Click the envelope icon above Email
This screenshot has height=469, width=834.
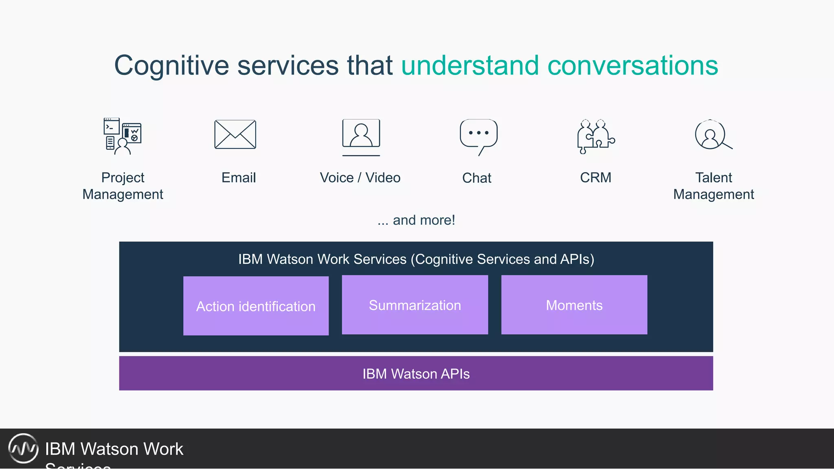(235, 134)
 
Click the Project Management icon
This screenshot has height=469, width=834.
(122, 136)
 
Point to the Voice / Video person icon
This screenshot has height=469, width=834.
(361, 134)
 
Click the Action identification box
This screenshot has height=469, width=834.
(256, 306)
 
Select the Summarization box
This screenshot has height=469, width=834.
(415, 305)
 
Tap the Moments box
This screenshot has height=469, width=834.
(574, 305)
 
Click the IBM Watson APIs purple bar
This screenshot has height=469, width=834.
(416, 373)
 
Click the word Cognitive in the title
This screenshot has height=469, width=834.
(171, 66)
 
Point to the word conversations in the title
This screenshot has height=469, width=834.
(632, 66)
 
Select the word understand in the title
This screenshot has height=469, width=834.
(470, 66)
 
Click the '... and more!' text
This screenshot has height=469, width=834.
(416, 220)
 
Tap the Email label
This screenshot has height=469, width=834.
(238, 178)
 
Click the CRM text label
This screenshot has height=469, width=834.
(595, 178)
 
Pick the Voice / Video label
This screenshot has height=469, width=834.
(360, 178)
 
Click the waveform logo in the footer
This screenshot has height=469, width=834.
(23, 448)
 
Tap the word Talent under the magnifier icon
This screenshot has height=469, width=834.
(713, 178)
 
